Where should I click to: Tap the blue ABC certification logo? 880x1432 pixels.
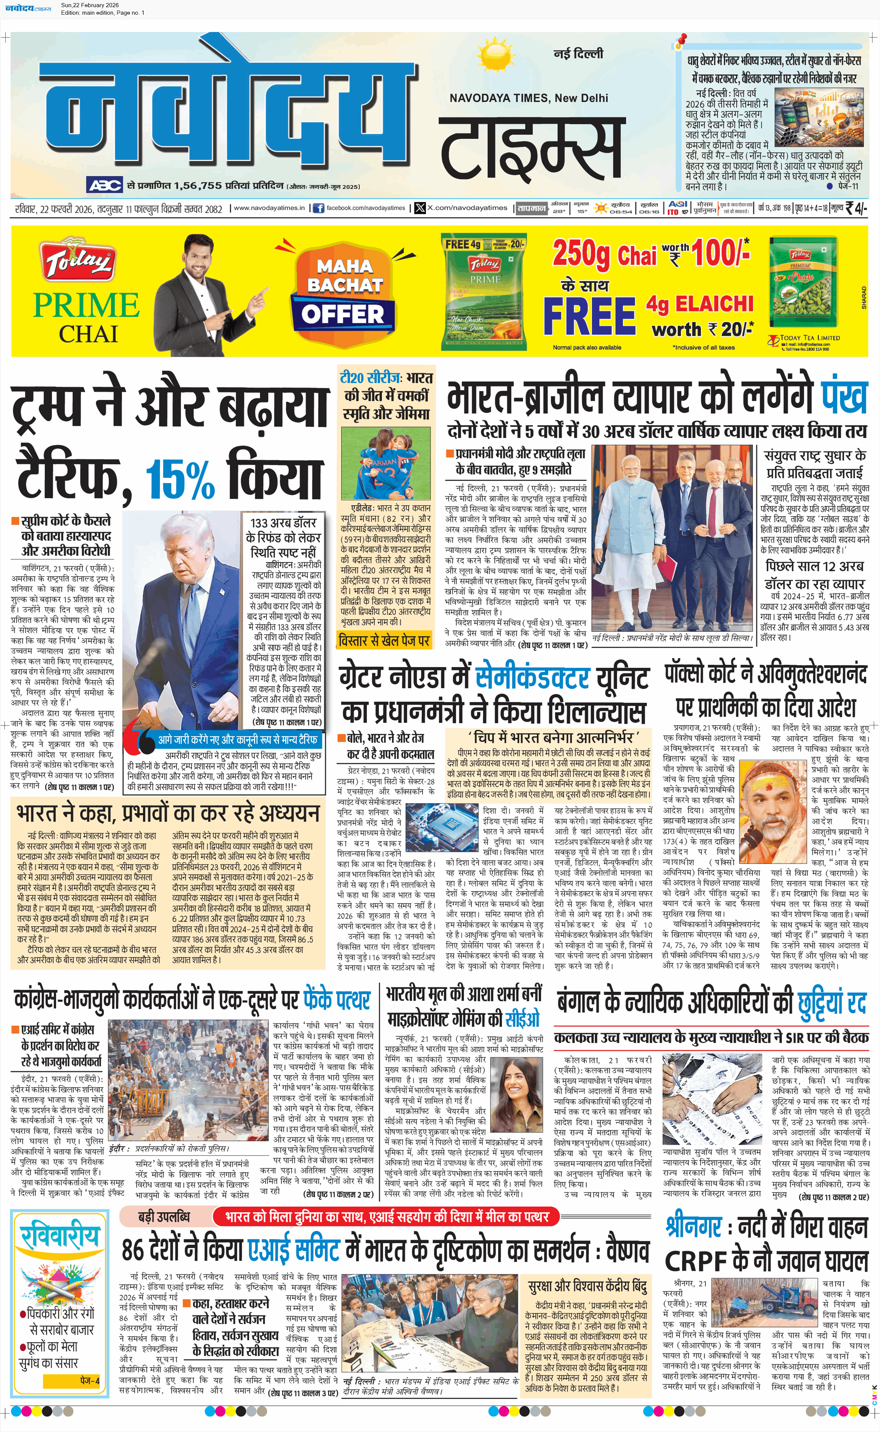click(105, 185)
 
